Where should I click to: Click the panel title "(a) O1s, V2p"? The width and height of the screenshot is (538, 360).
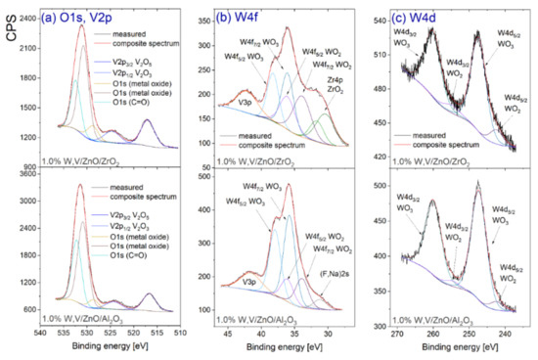82,12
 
